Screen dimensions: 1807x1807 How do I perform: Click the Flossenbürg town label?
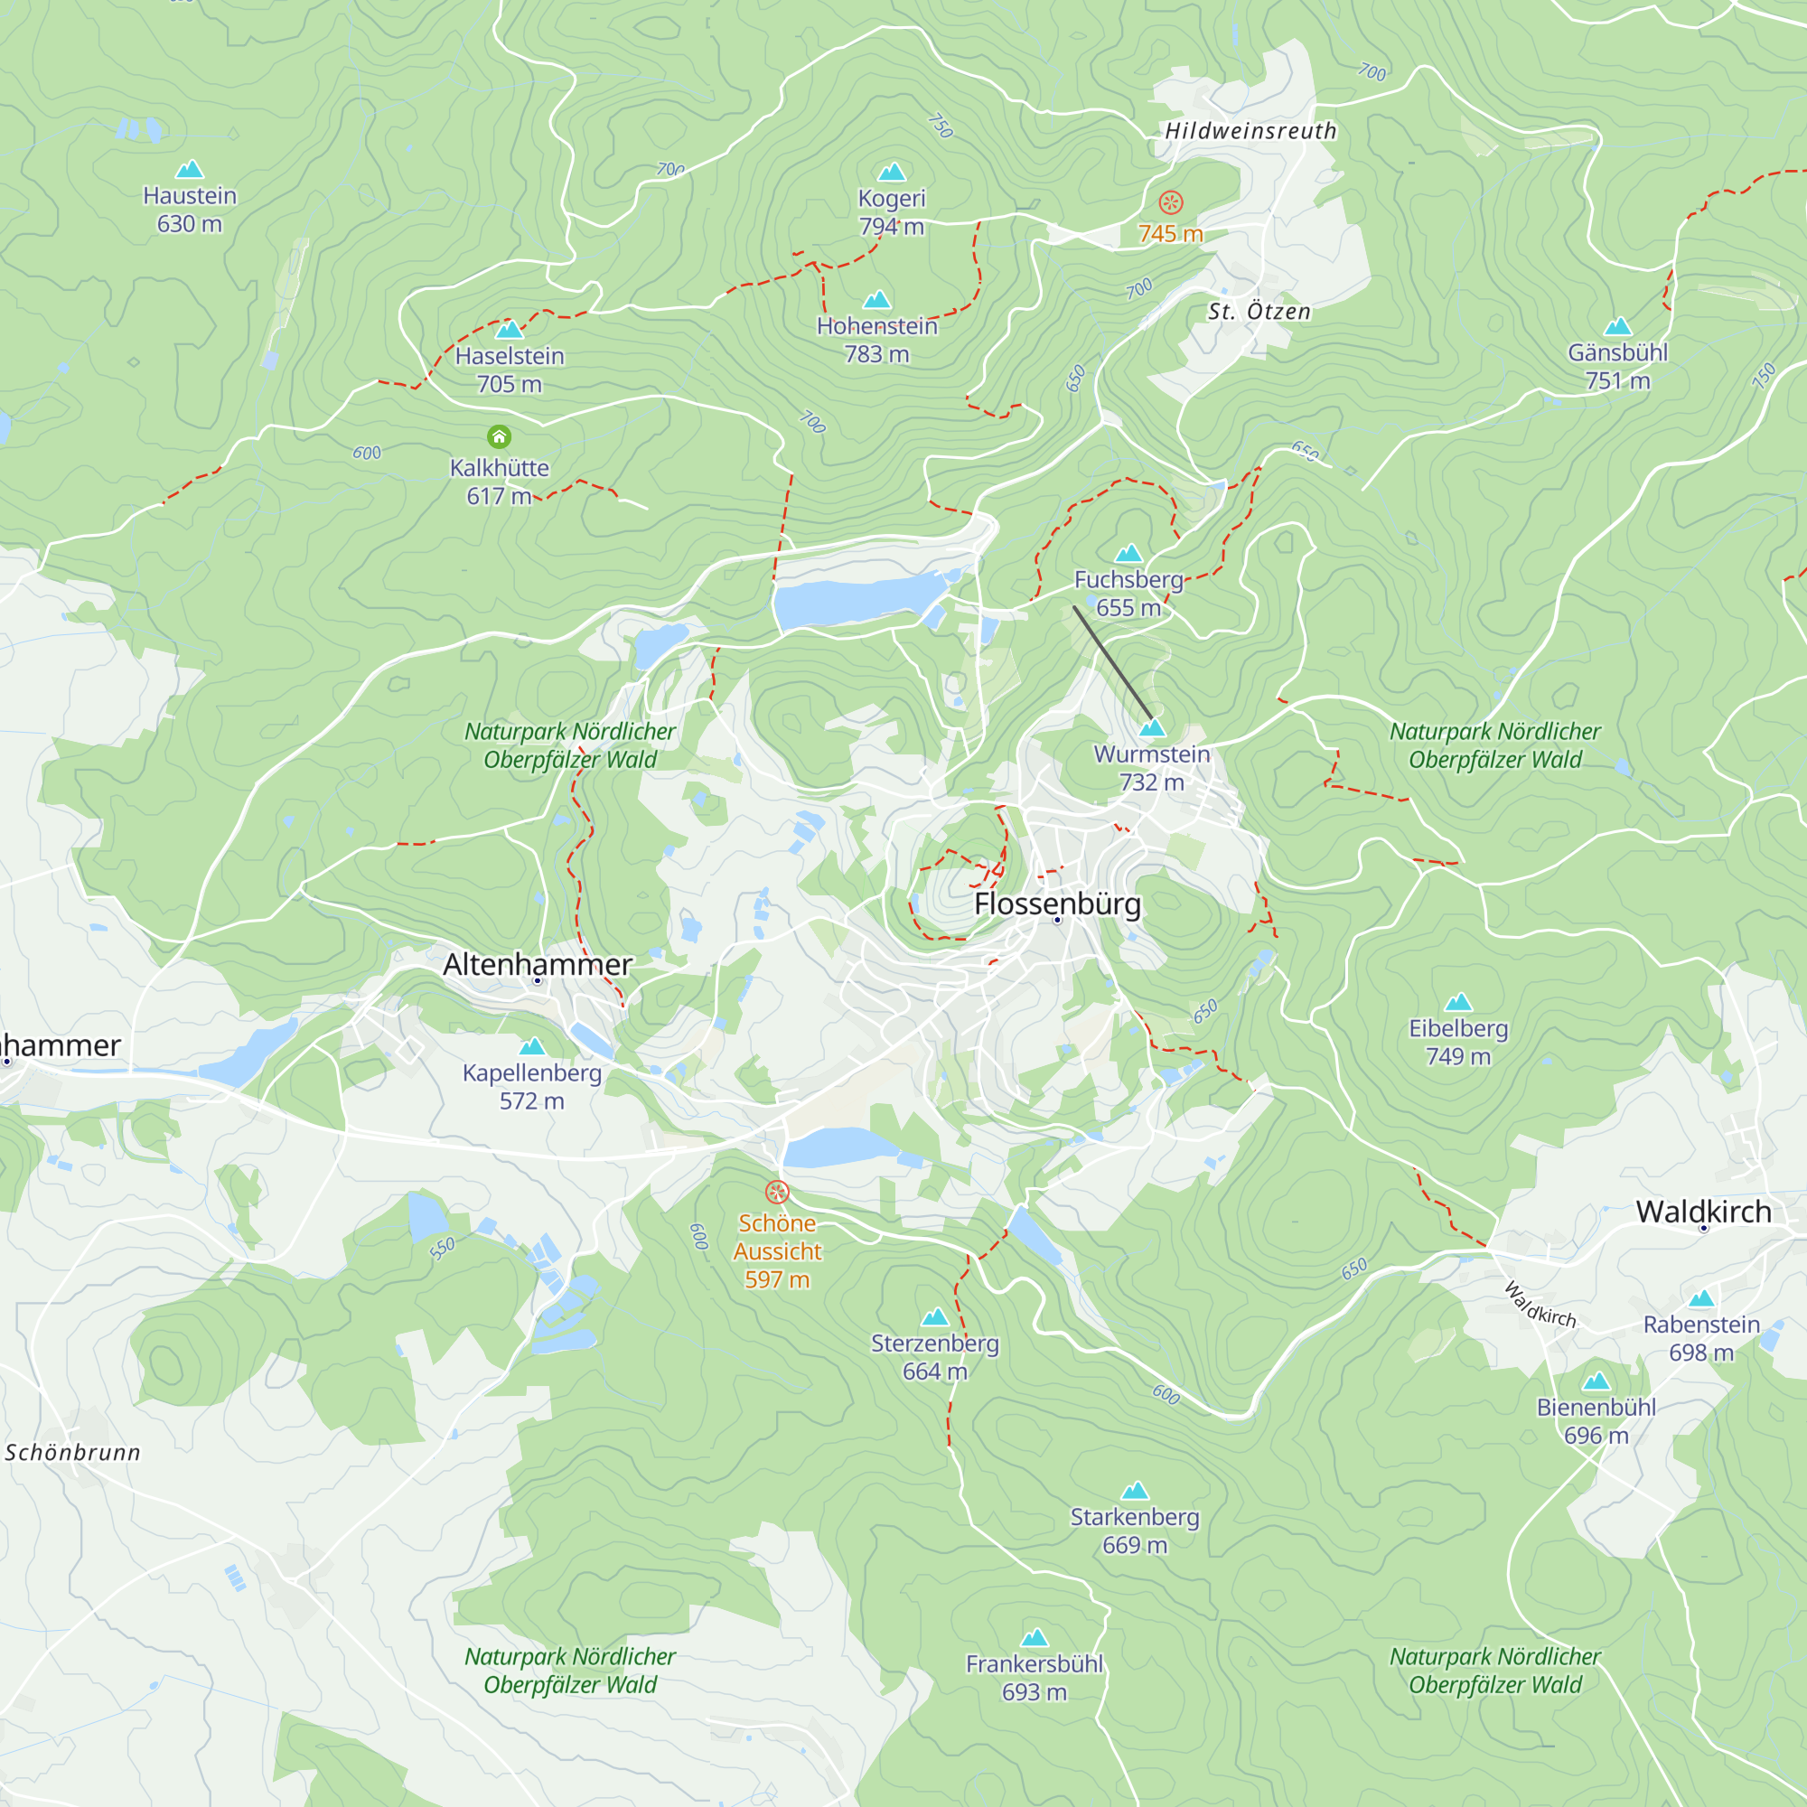coord(1057,903)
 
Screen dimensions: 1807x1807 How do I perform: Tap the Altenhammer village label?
coord(538,964)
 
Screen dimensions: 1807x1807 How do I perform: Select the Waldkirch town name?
coord(1703,1212)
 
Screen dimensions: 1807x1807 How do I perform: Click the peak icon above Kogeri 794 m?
coord(892,172)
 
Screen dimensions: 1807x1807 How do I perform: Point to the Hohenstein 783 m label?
coord(876,340)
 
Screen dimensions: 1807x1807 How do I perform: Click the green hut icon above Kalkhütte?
coord(500,436)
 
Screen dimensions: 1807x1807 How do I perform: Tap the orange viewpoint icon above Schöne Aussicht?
coord(777,1192)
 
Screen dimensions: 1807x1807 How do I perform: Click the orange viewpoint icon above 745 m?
coord(1171,202)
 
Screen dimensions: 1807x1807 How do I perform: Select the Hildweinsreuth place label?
coord(1250,131)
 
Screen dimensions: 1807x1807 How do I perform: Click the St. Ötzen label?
coord(1259,312)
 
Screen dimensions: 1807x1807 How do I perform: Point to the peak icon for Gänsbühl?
coord(1618,326)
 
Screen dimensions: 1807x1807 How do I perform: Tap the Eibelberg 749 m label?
coord(1458,1042)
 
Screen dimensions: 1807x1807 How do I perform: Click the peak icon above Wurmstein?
coord(1152,727)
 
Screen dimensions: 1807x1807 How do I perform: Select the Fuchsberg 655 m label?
coord(1128,593)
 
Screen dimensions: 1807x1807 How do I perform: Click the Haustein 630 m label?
coord(190,210)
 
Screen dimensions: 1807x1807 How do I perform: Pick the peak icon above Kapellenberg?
coord(532,1045)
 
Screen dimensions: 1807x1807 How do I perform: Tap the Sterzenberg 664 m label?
coord(934,1357)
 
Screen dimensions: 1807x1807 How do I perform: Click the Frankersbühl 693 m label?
coord(1034,1678)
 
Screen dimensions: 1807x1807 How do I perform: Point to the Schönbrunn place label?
coord(73,1453)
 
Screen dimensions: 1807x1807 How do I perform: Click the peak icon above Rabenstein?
coord(1701,1298)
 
